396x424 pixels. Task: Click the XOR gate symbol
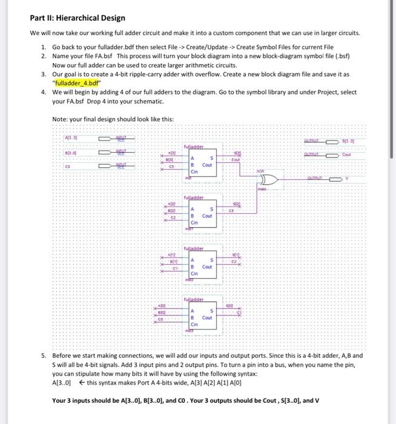pos(270,180)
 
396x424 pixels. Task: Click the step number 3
pos(44,73)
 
